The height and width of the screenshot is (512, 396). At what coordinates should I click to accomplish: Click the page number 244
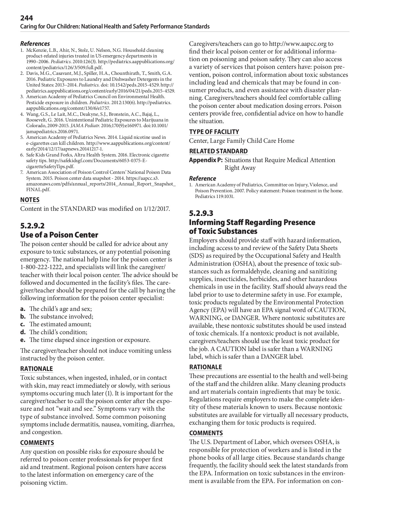tap(26, 18)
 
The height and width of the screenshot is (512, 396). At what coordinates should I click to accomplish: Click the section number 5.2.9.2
tap(32, 226)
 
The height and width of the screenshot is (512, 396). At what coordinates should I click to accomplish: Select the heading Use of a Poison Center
tap(59, 235)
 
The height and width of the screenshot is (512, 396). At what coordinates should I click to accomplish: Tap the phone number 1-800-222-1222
tap(41, 267)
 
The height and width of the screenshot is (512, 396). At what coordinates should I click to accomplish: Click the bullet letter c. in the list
tap(23, 324)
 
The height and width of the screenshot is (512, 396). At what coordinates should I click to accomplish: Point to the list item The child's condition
tap(58, 332)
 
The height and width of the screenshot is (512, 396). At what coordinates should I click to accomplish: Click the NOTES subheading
tap(30, 200)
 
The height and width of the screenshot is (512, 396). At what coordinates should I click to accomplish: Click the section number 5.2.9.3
tap(201, 213)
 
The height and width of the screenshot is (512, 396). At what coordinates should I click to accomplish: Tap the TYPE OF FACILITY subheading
tap(214, 132)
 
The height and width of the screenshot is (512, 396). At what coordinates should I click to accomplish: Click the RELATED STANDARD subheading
tap(218, 151)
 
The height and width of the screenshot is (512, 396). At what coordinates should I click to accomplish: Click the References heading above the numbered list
tap(35, 44)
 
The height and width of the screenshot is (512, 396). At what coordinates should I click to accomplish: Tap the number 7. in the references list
tap(22, 172)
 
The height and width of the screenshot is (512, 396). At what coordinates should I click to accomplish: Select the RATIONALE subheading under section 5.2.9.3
tap(205, 367)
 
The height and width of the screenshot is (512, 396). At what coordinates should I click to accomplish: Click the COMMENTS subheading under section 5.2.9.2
tap(37, 443)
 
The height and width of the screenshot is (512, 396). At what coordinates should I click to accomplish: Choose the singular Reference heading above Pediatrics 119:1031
tap(202, 178)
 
